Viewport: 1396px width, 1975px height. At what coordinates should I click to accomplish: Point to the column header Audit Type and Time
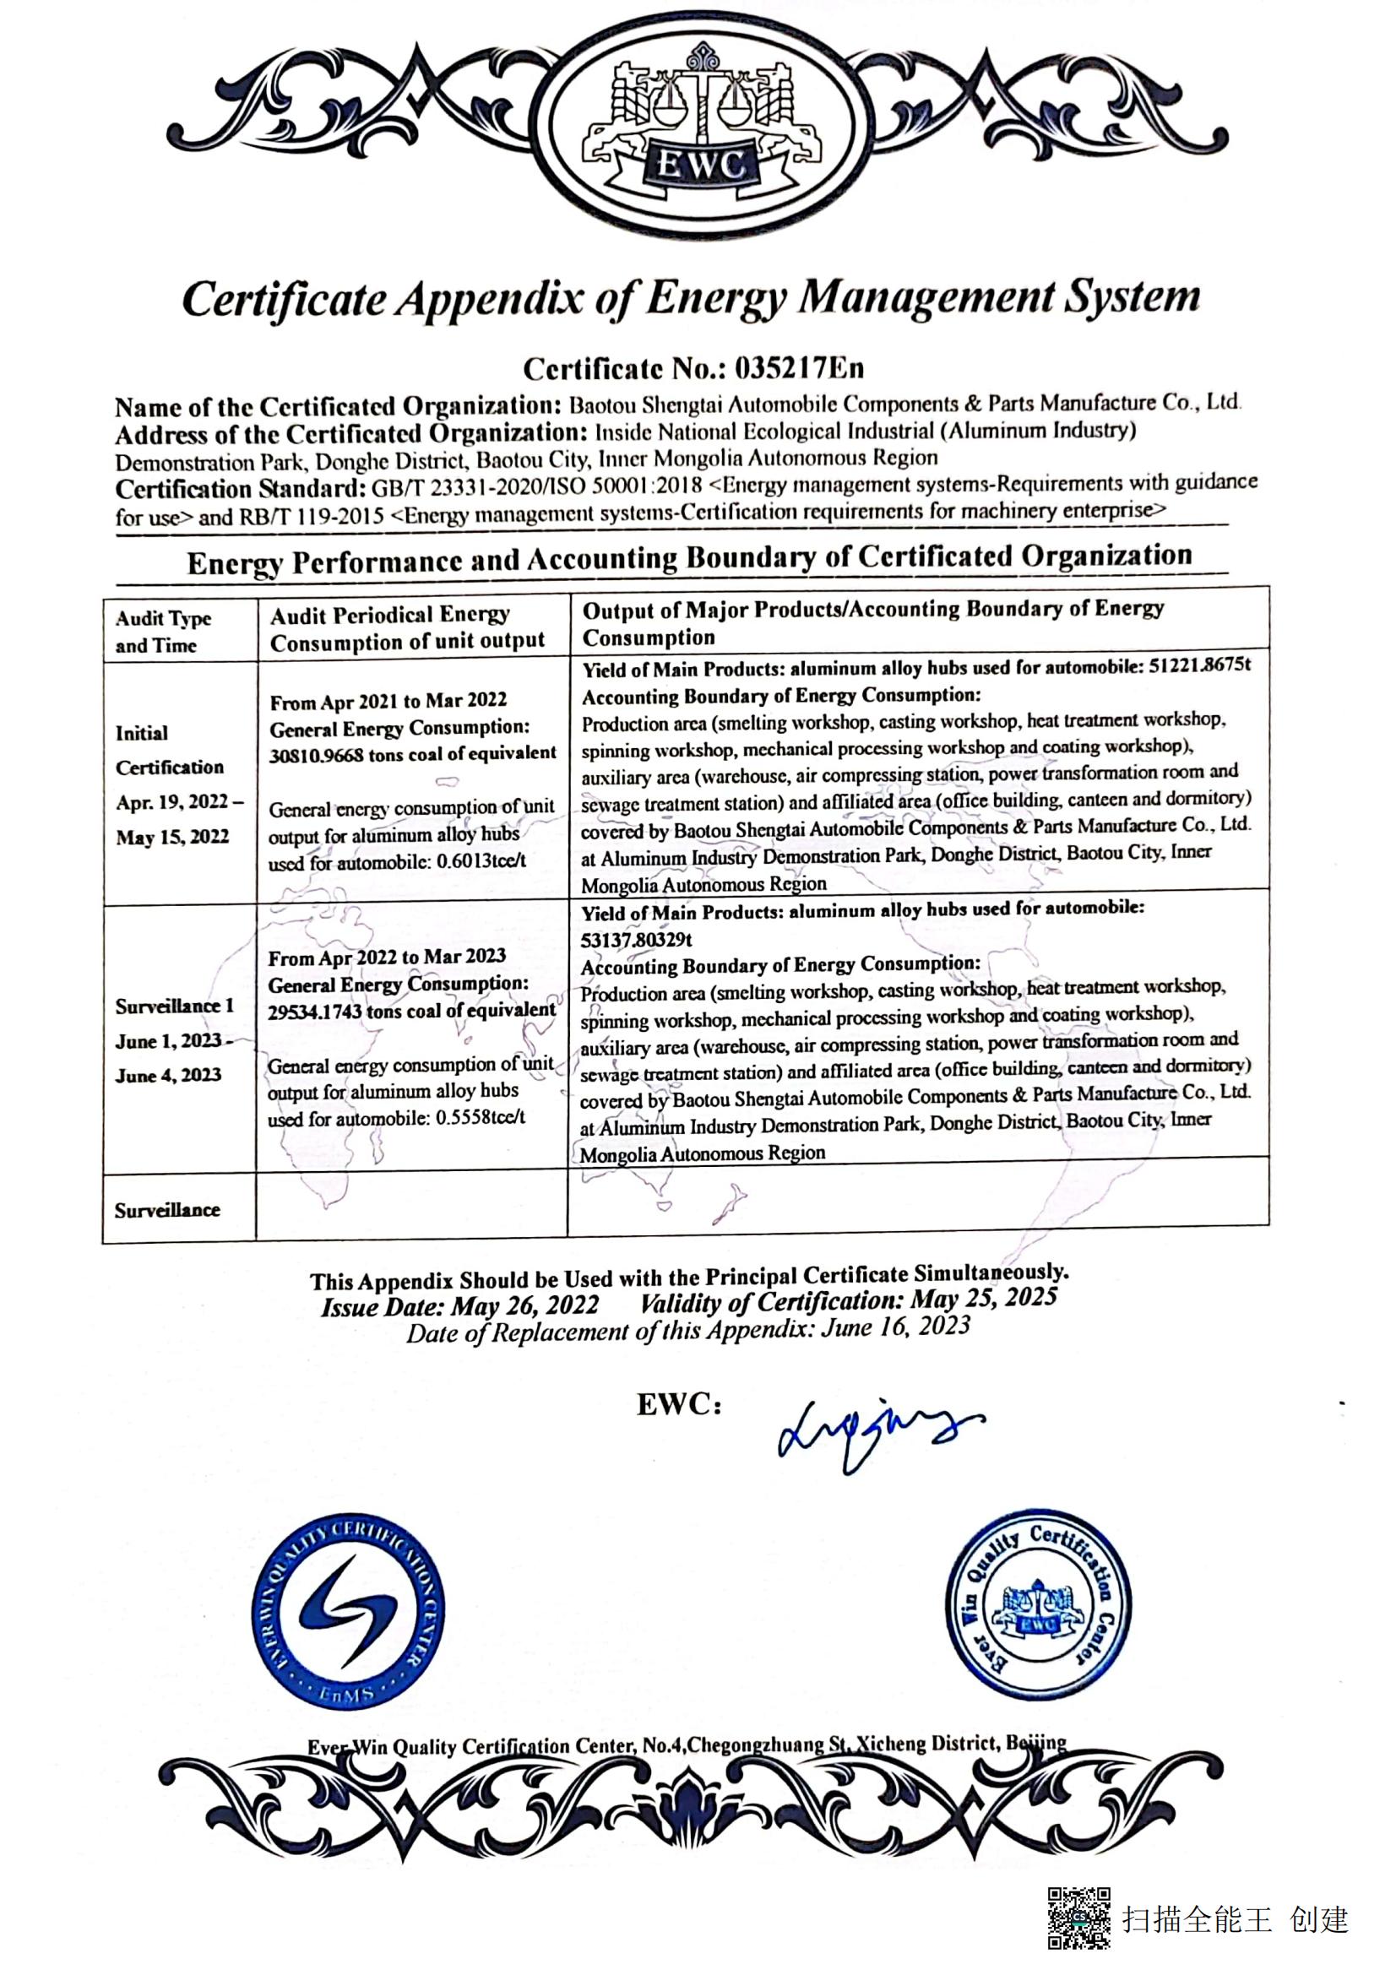click(164, 632)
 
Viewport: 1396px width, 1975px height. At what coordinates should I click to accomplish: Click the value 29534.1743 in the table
click(315, 1012)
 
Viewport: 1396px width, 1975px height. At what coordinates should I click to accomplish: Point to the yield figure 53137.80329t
click(637, 939)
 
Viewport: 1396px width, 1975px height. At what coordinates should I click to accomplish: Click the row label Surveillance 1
click(175, 1006)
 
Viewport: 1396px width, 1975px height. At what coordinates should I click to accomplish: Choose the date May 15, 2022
click(173, 836)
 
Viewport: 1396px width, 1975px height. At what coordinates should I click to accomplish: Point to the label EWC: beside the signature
click(679, 1405)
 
